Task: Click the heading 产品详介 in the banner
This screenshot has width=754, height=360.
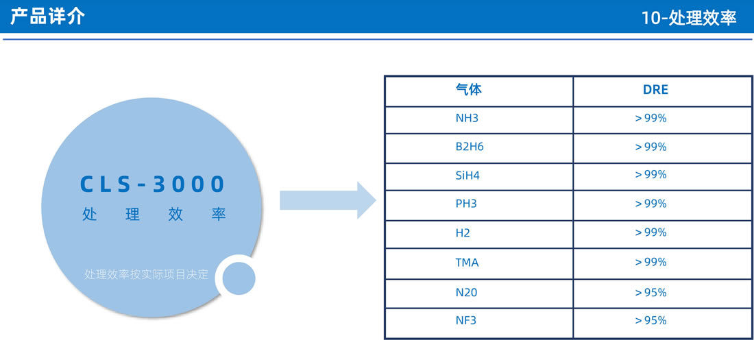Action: [x=47, y=16]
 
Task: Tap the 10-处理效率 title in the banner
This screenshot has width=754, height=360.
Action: [x=689, y=18]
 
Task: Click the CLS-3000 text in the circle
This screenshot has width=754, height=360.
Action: [x=152, y=184]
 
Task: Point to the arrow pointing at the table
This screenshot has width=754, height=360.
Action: [x=328, y=200]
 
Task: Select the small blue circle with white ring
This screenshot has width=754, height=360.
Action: [x=239, y=278]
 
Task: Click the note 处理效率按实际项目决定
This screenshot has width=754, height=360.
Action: [x=147, y=274]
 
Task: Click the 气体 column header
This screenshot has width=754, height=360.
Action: [x=468, y=90]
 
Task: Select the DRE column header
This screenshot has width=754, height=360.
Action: [x=656, y=90]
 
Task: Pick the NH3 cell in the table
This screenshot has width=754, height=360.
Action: [x=467, y=118]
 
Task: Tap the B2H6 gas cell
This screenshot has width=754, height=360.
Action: [x=470, y=147]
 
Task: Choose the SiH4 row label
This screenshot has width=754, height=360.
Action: [x=467, y=175]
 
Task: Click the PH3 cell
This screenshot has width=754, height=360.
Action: [x=466, y=204]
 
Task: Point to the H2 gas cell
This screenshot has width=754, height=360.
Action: [x=463, y=233]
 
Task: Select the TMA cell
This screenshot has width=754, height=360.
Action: [x=467, y=263]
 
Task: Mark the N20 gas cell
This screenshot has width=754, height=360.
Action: [x=466, y=292]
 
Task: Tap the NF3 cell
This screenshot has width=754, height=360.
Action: [x=466, y=320]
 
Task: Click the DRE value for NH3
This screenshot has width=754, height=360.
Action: [x=651, y=118]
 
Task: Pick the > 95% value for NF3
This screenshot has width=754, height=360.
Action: [x=651, y=320]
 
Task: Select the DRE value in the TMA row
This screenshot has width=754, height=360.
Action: [x=651, y=263]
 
